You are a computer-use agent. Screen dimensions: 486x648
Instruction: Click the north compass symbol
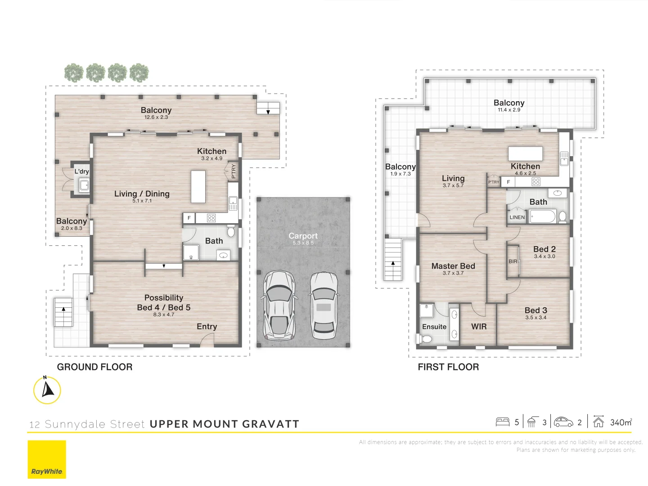[47, 389]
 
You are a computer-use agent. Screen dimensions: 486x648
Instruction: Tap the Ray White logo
[47, 459]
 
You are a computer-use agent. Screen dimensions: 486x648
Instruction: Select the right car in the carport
[324, 306]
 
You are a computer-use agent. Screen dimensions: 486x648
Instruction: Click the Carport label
[303, 236]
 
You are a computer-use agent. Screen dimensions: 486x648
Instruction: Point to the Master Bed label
[453, 266]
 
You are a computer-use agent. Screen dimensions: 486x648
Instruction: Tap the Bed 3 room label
[535, 310]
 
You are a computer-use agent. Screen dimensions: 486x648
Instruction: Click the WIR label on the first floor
[479, 326]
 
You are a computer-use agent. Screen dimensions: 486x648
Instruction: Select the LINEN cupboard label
[517, 217]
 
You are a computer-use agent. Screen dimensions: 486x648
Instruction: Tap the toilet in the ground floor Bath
[231, 232]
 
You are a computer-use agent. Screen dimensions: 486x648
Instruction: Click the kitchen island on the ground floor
[198, 186]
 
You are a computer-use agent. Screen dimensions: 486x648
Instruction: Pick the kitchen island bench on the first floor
[525, 153]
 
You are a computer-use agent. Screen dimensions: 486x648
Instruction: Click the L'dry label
[81, 171]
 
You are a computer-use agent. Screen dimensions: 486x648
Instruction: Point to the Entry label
[207, 326]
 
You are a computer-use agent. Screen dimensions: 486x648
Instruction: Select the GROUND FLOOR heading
[94, 367]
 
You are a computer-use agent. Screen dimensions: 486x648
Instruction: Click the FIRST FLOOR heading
[448, 367]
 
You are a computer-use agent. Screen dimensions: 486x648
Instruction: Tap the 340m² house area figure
[621, 422]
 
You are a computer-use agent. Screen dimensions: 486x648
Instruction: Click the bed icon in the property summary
[502, 422]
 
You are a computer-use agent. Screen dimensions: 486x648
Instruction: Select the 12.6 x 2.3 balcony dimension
[156, 117]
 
